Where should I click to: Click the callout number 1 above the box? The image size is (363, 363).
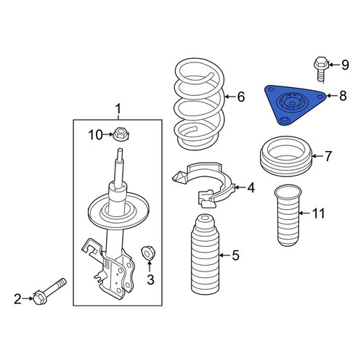118,109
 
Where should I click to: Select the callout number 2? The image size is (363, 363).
17,299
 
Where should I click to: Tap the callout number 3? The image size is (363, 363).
150,280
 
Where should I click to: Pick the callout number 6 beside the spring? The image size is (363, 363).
241,97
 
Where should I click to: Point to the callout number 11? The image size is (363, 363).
318,213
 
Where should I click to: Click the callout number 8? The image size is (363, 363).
343,96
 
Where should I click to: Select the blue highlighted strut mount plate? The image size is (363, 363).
294,105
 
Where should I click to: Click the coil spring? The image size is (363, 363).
200,104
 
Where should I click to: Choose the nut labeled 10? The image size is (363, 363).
121,134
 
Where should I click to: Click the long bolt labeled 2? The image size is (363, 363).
49,291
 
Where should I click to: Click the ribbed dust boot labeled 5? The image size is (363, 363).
205,255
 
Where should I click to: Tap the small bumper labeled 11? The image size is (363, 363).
288,216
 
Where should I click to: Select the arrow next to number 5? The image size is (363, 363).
224,256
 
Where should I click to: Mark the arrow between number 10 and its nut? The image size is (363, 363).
109,134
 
